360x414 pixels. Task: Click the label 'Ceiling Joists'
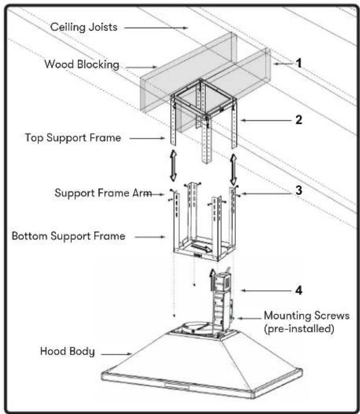[x=84, y=27]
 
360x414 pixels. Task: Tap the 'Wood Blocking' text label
[x=82, y=65]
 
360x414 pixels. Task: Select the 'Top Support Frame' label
[x=73, y=138]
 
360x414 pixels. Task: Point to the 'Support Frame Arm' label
[x=103, y=193]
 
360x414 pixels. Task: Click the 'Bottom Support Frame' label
[x=68, y=236]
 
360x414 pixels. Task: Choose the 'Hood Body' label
[x=67, y=352]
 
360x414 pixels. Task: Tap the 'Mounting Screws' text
[x=306, y=316]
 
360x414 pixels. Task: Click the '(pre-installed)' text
[x=299, y=329]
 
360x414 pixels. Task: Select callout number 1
[x=298, y=63]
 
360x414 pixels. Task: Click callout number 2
[x=299, y=120]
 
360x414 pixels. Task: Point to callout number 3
[x=299, y=190]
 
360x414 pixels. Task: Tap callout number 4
[x=299, y=290]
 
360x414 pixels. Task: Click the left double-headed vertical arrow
[x=173, y=165]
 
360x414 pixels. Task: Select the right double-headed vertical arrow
[x=233, y=169]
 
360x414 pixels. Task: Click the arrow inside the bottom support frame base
[x=201, y=248]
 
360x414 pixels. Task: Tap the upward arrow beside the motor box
[x=212, y=280]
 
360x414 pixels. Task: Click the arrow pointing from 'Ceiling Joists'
[x=156, y=28]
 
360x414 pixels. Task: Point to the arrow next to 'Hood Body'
[x=116, y=354]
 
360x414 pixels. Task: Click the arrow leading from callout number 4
[x=266, y=291]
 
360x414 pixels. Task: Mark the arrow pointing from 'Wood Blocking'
[x=141, y=67]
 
